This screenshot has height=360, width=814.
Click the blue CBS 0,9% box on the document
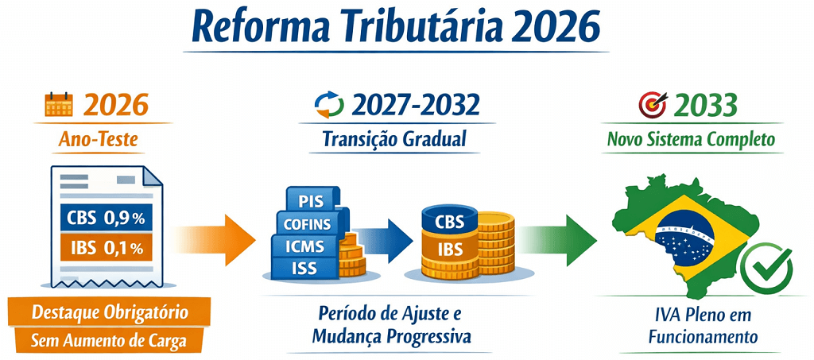102,217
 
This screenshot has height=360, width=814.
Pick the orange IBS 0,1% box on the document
102,247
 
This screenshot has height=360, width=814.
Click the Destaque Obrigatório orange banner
110,312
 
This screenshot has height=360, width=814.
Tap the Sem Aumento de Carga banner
110,342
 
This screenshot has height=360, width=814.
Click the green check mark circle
766,268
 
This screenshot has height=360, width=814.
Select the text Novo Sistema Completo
691,140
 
